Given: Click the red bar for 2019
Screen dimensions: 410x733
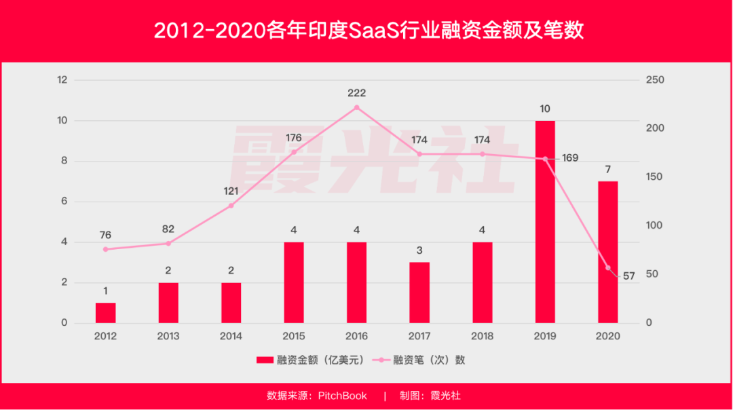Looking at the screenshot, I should point(545,222).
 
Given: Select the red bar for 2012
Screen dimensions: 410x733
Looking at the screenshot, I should point(105,313).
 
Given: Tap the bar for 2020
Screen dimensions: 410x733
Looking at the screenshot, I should point(608,252).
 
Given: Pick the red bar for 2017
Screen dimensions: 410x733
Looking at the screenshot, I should point(419,293).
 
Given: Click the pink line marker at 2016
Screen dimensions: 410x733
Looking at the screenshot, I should point(356,107).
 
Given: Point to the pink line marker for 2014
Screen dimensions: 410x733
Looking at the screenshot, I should point(231,205).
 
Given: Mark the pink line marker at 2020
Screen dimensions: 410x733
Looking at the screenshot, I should point(608,267).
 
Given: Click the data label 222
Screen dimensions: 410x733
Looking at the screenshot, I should point(356,92).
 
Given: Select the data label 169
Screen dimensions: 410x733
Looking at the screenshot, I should point(570,158).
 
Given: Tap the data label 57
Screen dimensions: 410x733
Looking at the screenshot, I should point(628,276).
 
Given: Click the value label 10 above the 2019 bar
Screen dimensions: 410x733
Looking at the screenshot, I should point(545,109).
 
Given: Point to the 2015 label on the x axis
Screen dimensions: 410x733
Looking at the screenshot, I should point(294,336).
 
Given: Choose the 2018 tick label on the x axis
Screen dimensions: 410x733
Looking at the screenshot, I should point(482,336).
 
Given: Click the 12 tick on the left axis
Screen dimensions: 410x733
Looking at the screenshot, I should point(62,80).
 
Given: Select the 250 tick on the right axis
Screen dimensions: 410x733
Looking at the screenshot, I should point(655,80).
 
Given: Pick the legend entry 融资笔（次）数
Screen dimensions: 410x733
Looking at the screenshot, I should point(428,360).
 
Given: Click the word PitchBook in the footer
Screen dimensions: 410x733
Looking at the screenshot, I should point(342,396).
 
